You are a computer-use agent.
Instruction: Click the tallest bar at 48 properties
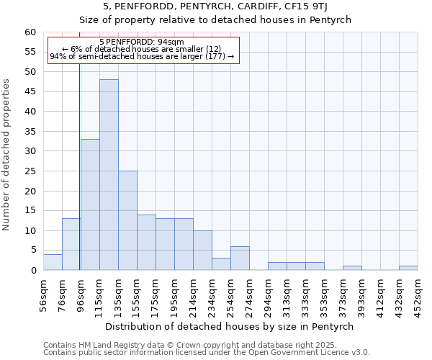[x=109, y=175]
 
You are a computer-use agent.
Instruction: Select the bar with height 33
[x=90, y=204]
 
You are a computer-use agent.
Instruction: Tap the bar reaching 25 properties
[x=127, y=220]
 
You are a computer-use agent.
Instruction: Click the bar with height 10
[x=202, y=251]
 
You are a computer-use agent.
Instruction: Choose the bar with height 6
[x=240, y=258]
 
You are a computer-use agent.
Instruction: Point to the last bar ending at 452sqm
[x=408, y=268]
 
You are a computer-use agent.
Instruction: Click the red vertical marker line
[x=79, y=180]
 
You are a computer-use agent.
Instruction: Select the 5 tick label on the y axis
[x=33, y=251]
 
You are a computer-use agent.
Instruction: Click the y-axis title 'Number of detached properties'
[x=6, y=155]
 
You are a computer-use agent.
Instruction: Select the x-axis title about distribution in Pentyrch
[x=229, y=326]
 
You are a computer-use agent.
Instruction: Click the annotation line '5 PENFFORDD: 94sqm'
[x=142, y=42]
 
